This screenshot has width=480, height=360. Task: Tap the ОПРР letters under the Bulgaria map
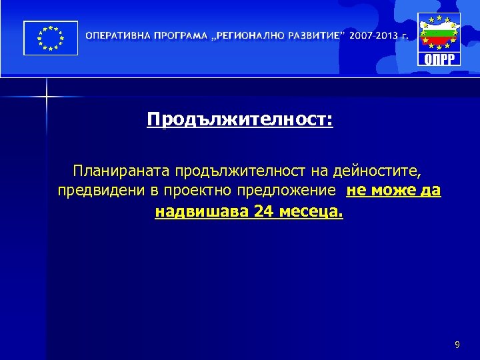point(439,59)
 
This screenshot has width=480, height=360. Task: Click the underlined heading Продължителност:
point(240,120)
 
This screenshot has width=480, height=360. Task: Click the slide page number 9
point(457,345)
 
